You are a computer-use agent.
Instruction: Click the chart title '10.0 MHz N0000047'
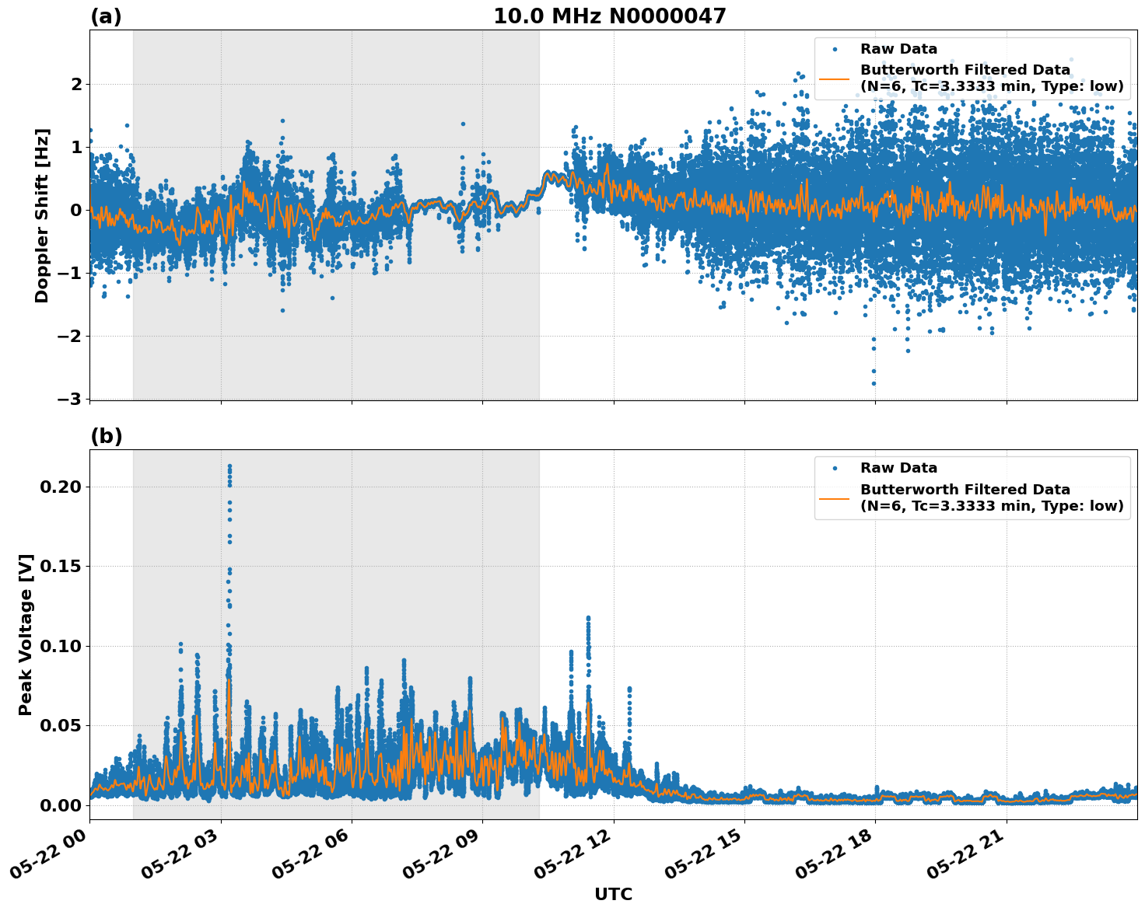tap(610, 16)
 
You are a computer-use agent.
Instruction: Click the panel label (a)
tap(106, 16)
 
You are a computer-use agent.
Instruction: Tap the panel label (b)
tap(107, 436)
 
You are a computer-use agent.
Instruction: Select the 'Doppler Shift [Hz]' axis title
tap(42, 215)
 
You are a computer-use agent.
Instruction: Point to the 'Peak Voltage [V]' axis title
tap(26, 634)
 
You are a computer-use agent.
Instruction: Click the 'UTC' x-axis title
tap(613, 894)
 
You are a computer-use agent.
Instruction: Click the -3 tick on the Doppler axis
tap(68, 399)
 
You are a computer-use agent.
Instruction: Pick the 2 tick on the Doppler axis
tap(76, 84)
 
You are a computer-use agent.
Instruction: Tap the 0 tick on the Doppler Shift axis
tap(76, 210)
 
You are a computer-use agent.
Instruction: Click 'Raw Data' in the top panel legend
tap(898, 49)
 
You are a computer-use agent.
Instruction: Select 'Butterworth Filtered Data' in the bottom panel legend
tap(965, 490)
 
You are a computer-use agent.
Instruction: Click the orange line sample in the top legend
tap(835, 79)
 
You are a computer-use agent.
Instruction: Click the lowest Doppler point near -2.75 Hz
tap(874, 383)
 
